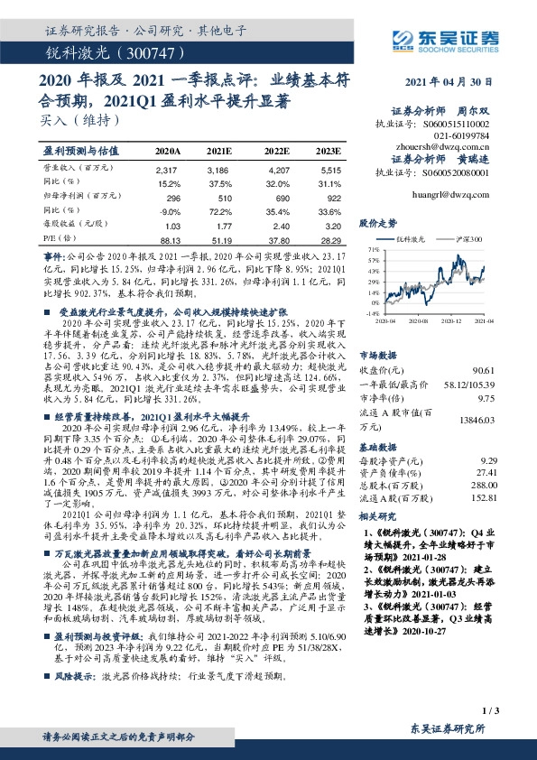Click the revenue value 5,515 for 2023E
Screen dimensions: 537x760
coord(331,170)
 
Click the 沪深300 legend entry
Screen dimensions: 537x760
coord(470,239)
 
